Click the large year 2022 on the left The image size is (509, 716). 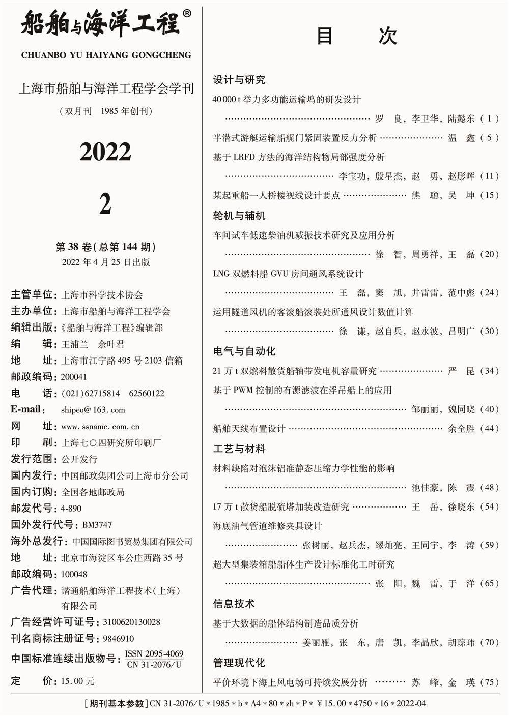(x=105, y=152)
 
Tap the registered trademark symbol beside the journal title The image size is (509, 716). (x=187, y=14)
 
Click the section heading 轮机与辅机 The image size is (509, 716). (x=239, y=216)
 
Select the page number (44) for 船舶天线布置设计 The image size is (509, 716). (x=489, y=429)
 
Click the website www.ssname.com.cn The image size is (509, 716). (x=100, y=427)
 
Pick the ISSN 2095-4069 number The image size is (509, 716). (x=154, y=654)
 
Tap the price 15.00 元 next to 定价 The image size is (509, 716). (x=77, y=681)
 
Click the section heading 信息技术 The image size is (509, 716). (x=234, y=604)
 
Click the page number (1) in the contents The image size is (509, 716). (x=490, y=118)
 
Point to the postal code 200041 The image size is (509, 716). (x=74, y=377)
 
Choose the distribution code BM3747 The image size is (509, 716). (x=97, y=525)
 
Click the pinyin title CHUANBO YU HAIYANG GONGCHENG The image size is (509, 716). (x=106, y=55)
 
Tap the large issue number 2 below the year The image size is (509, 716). (x=105, y=204)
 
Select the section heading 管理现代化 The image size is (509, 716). (x=239, y=663)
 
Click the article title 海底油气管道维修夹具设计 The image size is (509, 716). (x=267, y=526)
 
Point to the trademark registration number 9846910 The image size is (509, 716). (x=119, y=639)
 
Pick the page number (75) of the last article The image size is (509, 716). (x=489, y=682)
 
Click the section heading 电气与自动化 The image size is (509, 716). (x=244, y=351)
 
